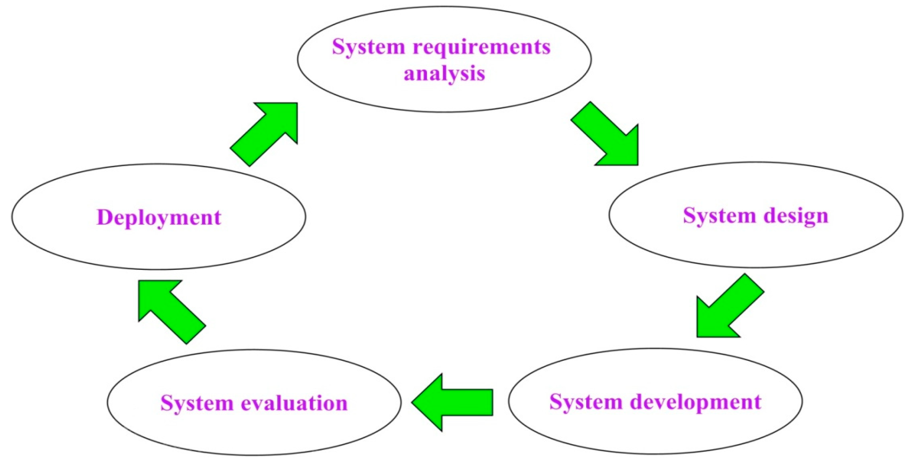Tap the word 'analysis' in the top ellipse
point(444,73)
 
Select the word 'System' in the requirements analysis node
point(368,47)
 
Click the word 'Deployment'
point(159,217)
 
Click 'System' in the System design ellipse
point(719,216)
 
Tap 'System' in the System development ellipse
point(586,402)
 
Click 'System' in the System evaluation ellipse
point(197,403)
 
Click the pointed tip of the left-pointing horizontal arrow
point(413,402)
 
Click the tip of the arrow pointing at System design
point(637,164)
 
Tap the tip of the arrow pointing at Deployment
point(140,282)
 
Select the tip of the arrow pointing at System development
point(698,336)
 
